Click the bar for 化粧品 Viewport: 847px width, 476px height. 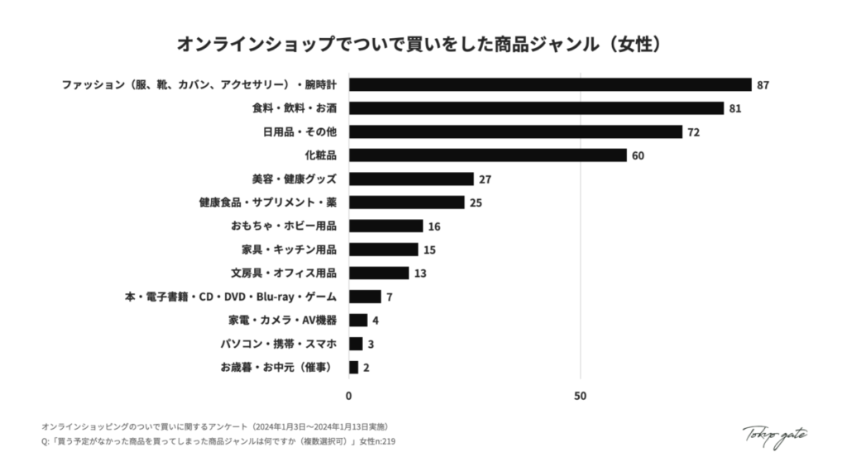tap(488, 155)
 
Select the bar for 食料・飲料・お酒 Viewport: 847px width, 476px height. tap(536, 108)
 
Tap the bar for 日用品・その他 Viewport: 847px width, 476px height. tap(515, 132)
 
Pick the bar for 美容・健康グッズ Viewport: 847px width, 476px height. tap(411, 179)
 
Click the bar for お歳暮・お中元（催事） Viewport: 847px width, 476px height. tap(354, 368)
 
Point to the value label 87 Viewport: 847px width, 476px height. tap(763, 85)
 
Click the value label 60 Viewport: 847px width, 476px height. tap(638, 155)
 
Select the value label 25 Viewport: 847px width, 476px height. tap(476, 202)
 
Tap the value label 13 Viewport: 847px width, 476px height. tap(420, 274)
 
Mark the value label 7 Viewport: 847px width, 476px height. tap(389, 297)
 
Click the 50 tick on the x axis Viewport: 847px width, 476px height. tap(580, 396)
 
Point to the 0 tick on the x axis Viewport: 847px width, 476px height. tap(349, 396)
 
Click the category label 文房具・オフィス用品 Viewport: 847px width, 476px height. tap(284, 274)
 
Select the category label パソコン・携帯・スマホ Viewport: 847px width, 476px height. tap(279, 344)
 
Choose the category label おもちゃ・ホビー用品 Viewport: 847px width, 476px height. tap(284, 226)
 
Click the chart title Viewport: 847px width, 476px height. tap(423, 43)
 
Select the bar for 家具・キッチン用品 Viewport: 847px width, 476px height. tap(384, 250)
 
